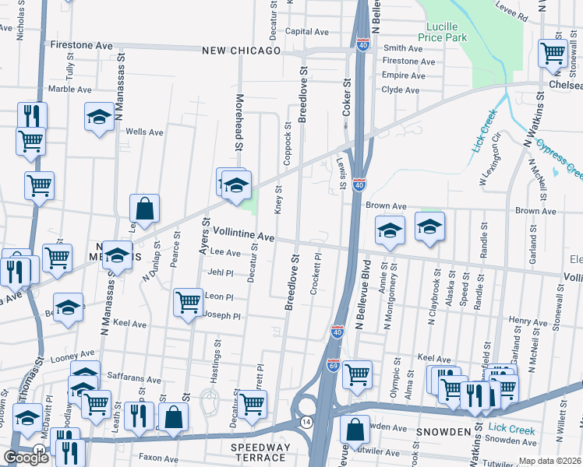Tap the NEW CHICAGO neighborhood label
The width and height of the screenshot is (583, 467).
pos(241,51)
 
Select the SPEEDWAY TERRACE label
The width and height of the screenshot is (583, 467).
pos(260,452)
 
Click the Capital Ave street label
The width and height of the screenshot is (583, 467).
pos(307,32)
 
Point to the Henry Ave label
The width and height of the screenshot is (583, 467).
pos(528,321)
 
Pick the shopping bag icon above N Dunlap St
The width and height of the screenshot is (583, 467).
pos(145,208)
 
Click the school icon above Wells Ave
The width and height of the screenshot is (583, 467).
pos(100,117)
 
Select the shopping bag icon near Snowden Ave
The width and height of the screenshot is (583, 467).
pos(355,429)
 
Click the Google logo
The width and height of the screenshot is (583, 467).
pos(26,458)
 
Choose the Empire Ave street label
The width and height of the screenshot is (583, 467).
pos(401,75)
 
